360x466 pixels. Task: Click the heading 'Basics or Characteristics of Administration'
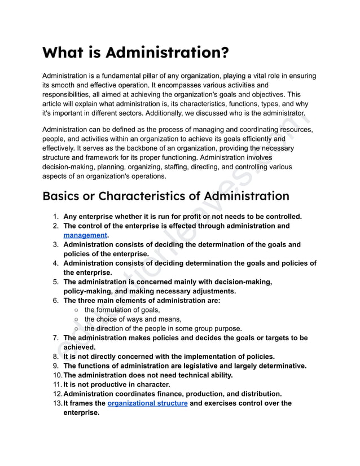166,196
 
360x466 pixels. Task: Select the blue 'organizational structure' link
147,403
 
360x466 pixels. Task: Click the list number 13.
55,403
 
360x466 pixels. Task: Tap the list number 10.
55,375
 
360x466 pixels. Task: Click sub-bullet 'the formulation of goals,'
122,310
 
